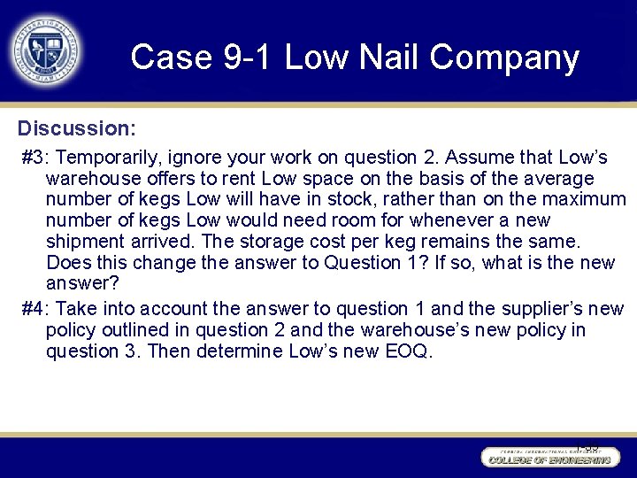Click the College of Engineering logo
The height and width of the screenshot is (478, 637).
click(x=548, y=458)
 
